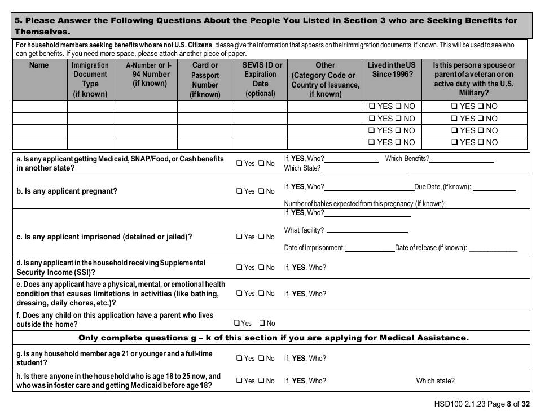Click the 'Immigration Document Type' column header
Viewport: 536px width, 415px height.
[90, 79]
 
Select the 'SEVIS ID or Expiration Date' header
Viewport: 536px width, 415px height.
[261, 79]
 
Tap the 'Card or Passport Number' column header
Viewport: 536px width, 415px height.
[205, 79]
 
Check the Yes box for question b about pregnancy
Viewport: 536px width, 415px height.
[239, 191]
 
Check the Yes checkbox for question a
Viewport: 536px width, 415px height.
[239, 164]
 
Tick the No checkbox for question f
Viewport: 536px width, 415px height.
[262, 324]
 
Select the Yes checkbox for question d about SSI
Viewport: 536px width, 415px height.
[239, 268]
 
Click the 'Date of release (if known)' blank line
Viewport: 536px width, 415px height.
[493, 248]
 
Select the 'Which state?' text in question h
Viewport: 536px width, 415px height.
[435, 381]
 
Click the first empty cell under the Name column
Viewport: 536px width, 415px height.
[39, 106]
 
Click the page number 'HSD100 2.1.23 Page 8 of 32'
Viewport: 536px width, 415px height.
[479, 404]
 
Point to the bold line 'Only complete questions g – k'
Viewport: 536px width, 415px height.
[273, 338]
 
